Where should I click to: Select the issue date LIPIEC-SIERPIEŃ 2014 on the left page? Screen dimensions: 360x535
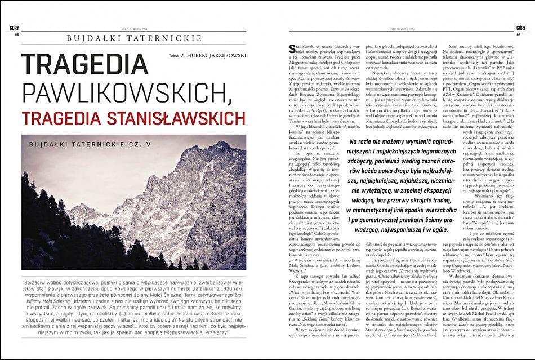132,28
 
